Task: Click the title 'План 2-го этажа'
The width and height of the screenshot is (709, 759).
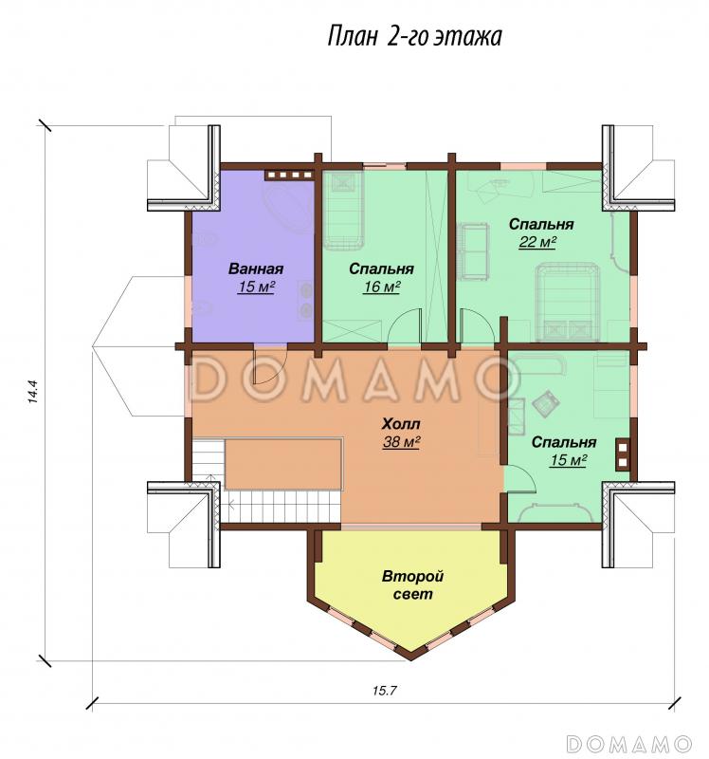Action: coord(414,37)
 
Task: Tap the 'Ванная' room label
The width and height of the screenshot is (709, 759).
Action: coord(256,268)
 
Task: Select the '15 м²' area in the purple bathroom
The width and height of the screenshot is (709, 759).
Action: coord(256,287)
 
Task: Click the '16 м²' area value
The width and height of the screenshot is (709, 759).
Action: coord(382,287)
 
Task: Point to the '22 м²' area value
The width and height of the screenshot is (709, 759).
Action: coord(536,242)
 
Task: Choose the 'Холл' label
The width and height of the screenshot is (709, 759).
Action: coord(401,424)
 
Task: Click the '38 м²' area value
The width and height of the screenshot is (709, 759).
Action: coord(401,441)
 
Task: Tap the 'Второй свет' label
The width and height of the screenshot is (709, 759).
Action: coord(412,585)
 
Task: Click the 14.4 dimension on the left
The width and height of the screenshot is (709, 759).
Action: coord(32,392)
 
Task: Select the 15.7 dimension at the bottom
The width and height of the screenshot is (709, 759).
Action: coord(385,691)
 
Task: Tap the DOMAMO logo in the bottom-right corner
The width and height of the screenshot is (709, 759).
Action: coord(629,744)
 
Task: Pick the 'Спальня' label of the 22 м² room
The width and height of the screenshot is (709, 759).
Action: coord(541,224)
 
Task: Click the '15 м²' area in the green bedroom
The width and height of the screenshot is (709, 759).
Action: coord(568,460)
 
